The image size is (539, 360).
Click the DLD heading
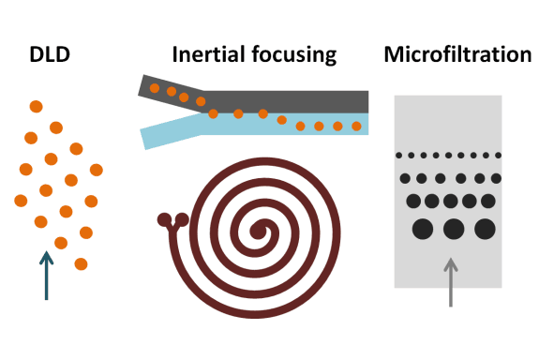(x=50, y=55)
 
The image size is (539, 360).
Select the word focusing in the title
(x=292, y=55)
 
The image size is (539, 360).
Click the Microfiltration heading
(x=457, y=55)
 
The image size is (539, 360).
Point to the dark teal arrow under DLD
(x=46, y=274)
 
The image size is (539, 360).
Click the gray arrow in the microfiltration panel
(x=450, y=280)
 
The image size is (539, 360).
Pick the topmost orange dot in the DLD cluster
(x=36, y=106)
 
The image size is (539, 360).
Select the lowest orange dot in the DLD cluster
(x=81, y=263)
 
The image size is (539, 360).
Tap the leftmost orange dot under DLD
(x=21, y=200)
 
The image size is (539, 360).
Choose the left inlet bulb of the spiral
(x=163, y=221)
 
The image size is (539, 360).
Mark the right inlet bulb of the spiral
(x=178, y=221)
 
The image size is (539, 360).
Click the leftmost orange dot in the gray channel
(x=156, y=89)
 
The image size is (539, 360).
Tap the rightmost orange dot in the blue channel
(x=356, y=127)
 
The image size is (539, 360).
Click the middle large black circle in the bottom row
(x=454, y=228)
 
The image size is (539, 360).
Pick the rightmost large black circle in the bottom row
(x=485, y=228)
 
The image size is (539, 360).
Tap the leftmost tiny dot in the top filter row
(x=400, y=155)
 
